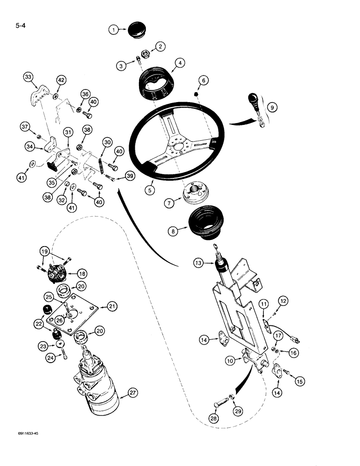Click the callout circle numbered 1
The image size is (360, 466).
112,30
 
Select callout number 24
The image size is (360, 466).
51,358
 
